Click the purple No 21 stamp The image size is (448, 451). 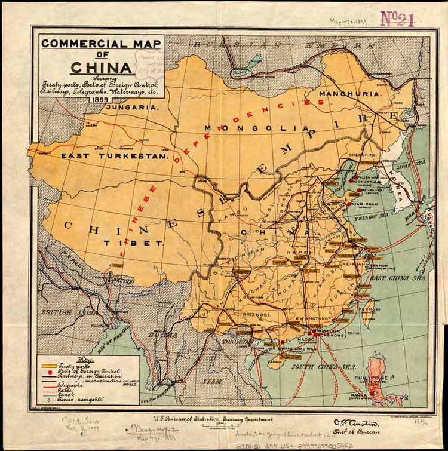pos(397,19)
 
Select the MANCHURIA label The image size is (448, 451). pos(350,94)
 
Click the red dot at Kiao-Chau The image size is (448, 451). pos(349,204)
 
